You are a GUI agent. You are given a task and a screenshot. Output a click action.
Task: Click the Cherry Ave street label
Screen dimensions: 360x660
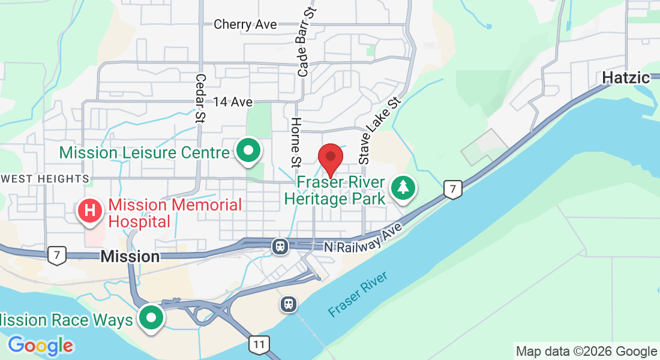[x=245, y=25]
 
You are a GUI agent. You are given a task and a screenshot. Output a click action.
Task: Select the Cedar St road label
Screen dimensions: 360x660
[x=200, y=99]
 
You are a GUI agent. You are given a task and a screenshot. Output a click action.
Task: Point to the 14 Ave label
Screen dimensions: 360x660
[x=232, y=102]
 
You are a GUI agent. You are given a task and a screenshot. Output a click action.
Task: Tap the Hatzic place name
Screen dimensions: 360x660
[x=626, y=78]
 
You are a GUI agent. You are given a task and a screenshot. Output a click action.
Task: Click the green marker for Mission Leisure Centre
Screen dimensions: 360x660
[x=248, y=151]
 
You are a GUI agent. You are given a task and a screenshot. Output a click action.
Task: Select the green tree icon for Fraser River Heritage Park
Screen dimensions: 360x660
[x=403, y=188]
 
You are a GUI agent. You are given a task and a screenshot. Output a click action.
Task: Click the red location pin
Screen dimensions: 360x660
[x=330, y=158]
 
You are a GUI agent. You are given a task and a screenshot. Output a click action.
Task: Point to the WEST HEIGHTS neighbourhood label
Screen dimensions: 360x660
[x=45, y=179]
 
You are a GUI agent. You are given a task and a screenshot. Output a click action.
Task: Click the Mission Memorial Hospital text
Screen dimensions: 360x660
[x=175, y=213]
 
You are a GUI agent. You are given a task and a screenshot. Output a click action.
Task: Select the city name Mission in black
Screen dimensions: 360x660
[x=130, y=257]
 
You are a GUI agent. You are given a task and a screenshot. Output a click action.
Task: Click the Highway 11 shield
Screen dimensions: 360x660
[x=259, y=344]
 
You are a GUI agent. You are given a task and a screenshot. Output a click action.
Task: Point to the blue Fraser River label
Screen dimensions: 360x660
[x=358, y=295]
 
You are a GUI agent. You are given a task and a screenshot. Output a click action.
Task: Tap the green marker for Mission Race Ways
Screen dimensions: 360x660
[x=151, y=318]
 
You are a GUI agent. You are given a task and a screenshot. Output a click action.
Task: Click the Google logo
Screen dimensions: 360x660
[x=40, y=346]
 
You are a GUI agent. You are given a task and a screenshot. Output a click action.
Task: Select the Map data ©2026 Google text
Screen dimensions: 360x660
[x=586, y=352]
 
